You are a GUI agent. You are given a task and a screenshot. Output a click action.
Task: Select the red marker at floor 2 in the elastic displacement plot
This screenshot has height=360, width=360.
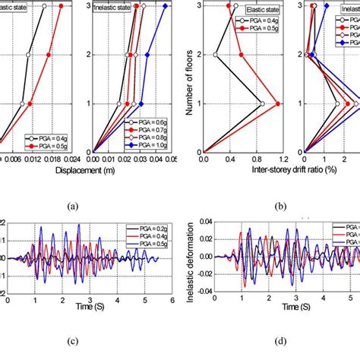[x=49, y=55]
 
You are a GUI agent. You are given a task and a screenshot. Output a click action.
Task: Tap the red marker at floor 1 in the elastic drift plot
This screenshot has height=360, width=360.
[x=279, y=104]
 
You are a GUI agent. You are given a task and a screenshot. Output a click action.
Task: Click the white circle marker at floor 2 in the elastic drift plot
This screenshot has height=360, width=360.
[x=216, y=55]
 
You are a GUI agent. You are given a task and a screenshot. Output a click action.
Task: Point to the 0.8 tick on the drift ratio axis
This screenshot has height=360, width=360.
[x=257, y=160]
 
